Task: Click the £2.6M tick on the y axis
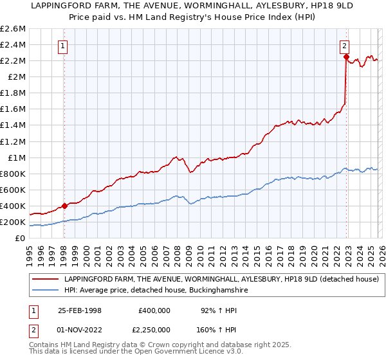(x=12, y=29)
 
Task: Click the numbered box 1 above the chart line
(x=64, y=46)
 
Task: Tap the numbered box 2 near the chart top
(x=345, y=46)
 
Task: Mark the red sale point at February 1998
(x=65, y=206)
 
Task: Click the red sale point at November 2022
(x=346, y=57)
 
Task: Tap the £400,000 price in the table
(x=154, y=310)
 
